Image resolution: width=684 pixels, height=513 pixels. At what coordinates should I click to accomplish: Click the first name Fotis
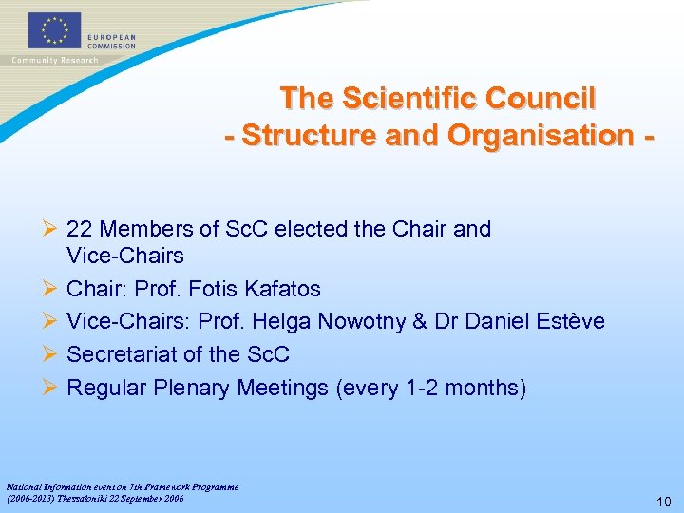[209, 289]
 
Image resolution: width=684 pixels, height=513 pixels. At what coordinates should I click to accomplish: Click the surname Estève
[569, 322]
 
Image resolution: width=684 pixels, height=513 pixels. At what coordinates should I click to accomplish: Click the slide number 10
[663, 502]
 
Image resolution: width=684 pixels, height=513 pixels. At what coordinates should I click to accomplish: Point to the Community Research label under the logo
[54, 60]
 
